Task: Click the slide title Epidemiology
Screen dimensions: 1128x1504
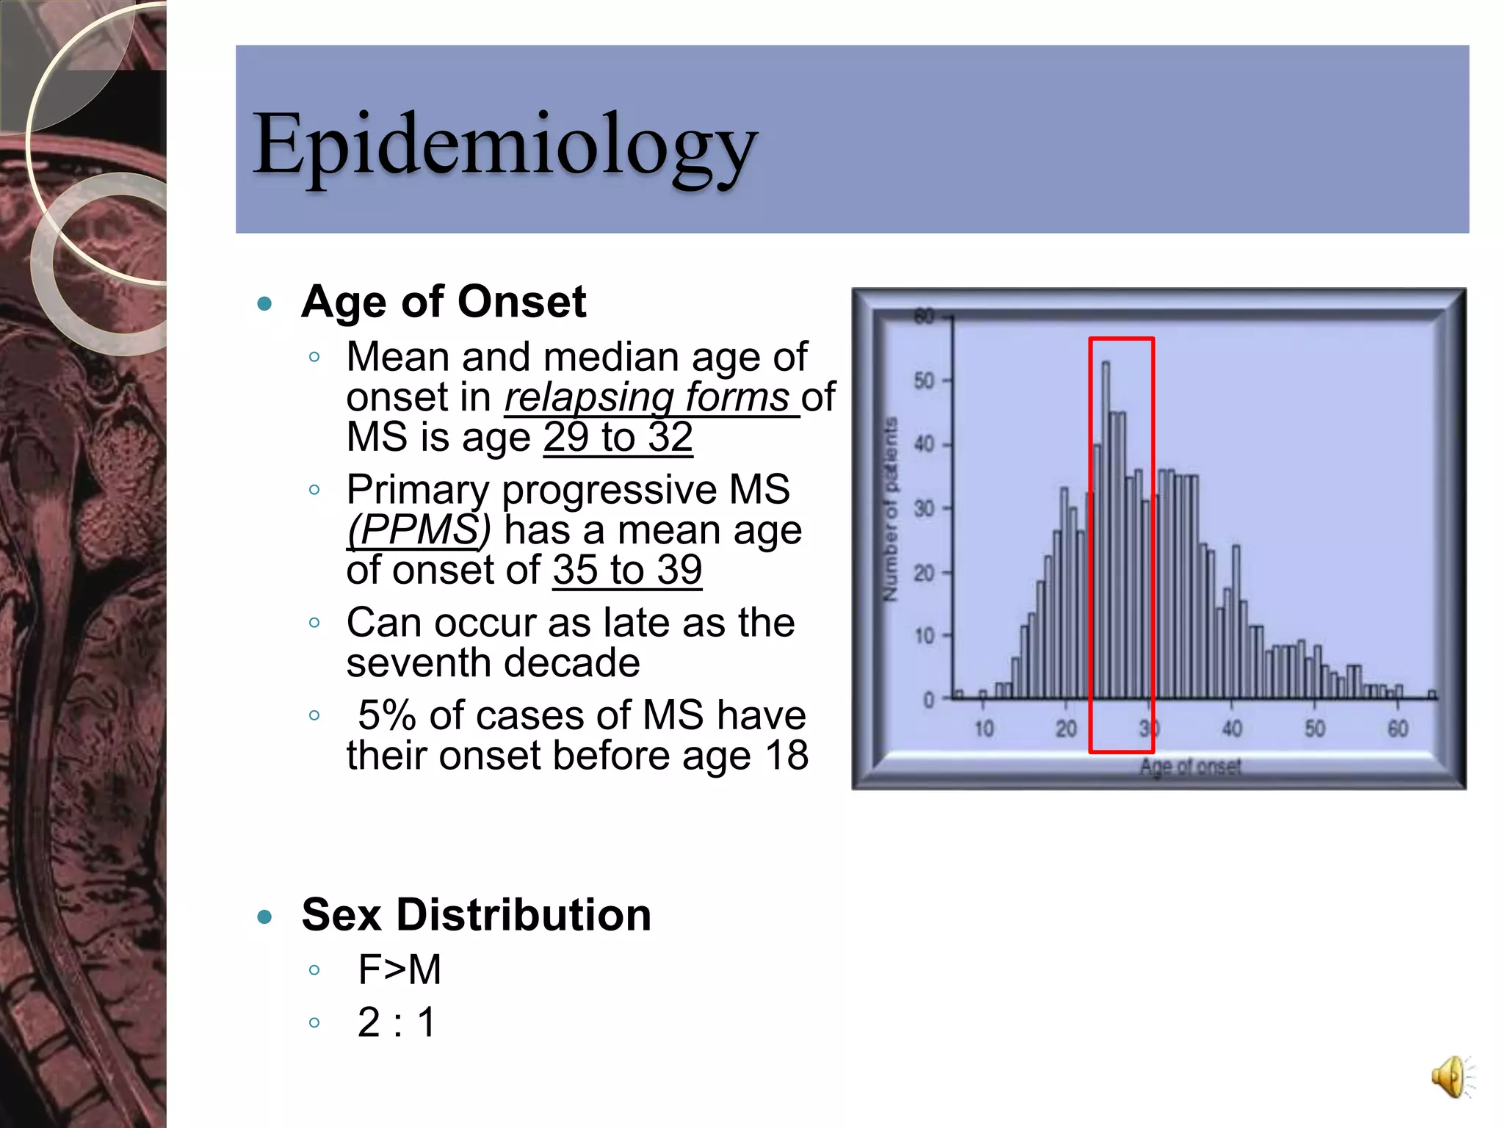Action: point(505,145)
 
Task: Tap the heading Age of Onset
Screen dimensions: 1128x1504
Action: point(444,302)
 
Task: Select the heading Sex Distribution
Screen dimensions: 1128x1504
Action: point(476,915)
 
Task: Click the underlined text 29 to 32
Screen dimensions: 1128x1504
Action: point(618,438)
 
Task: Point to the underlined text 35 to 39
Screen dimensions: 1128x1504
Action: point(627,571)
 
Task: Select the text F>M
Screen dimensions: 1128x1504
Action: point(399,969)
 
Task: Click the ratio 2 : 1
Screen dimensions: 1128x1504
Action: point(397,1022)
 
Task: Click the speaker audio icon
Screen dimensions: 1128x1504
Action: point(1450,1077)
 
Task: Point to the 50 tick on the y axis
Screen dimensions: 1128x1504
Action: point(924,380)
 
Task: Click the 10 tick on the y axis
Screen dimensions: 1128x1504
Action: point(924,635)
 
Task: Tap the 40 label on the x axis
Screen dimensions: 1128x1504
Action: point(1232,728)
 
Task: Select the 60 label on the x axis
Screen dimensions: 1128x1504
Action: point(1397,728)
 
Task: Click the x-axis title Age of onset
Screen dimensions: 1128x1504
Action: point(1190,767)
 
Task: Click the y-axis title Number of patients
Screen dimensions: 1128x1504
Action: point(890,509)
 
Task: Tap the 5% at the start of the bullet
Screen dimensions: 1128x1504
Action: point(387,715)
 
